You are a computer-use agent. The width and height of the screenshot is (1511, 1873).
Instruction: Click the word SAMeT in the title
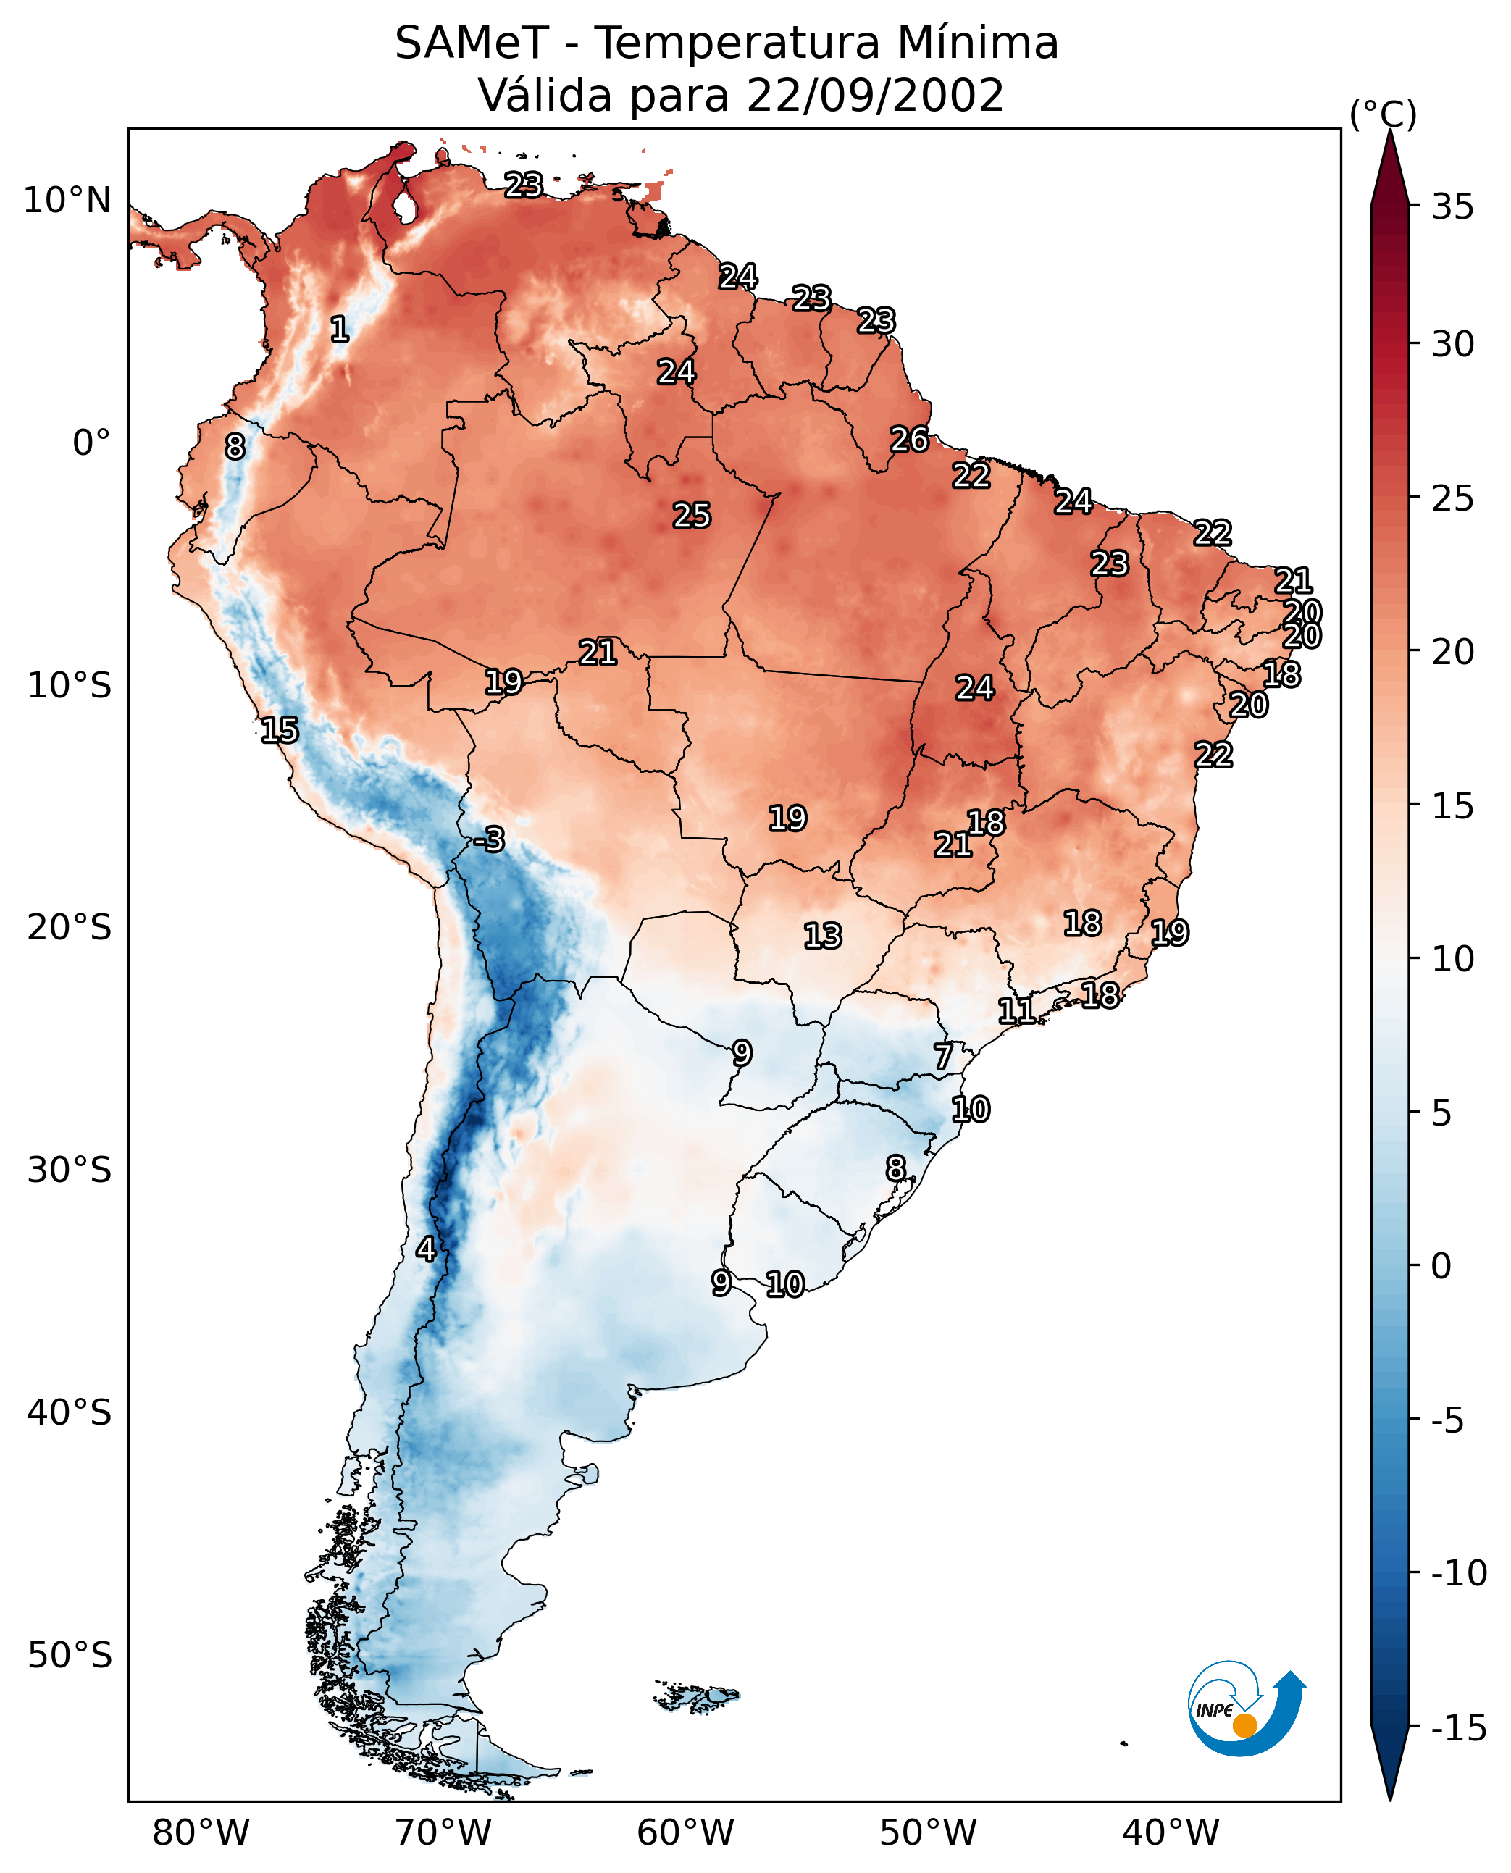click(x=471, y=43)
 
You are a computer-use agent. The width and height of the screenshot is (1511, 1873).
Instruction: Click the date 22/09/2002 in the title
click(x=875, y=96)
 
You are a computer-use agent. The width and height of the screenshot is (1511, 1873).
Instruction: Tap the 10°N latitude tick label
click(x=67, y=201)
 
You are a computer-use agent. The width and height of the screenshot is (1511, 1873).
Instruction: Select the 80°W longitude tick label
click(x=201, y=1832)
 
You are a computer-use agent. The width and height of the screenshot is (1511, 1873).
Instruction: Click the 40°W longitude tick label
click(x=1171, y=1832)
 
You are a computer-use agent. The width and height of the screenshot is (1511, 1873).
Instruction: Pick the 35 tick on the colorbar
click(x=1452, y=207)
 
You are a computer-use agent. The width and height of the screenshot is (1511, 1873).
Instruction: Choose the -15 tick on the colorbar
click(x=1459, y=1729)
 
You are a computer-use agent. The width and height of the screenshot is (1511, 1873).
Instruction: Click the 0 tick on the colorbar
click(x=1441, y=1265)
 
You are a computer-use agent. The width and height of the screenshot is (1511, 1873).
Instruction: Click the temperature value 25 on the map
click(x=692, y=515)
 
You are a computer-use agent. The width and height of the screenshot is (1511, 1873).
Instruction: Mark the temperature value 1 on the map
click(x=340, y=329)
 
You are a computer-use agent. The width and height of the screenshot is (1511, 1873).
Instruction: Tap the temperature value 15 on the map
click(x=280, y=730)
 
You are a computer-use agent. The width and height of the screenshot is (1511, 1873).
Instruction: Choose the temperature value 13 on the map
click(x=823, y=936)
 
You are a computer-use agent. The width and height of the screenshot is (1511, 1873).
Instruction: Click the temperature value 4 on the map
click(x=426, y=1249)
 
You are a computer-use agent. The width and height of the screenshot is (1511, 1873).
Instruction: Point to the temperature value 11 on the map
click(x=1016, y=1011)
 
